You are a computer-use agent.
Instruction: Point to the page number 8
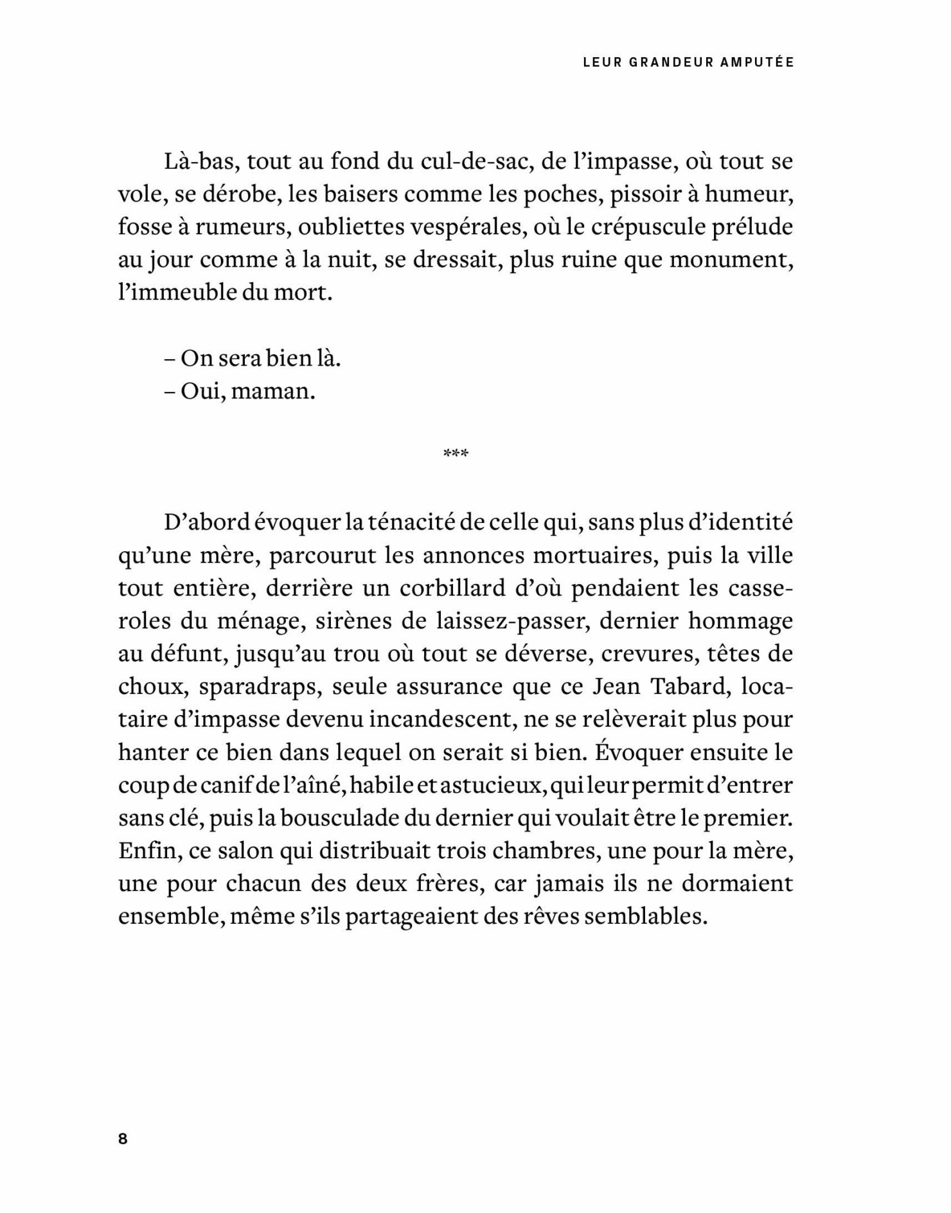pyautogui.click(x=123, y=1138)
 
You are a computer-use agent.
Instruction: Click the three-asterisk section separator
pyautogui.click(x=456, y=454)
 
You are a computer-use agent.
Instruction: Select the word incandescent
pyautogui.click(x=442, y=720)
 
